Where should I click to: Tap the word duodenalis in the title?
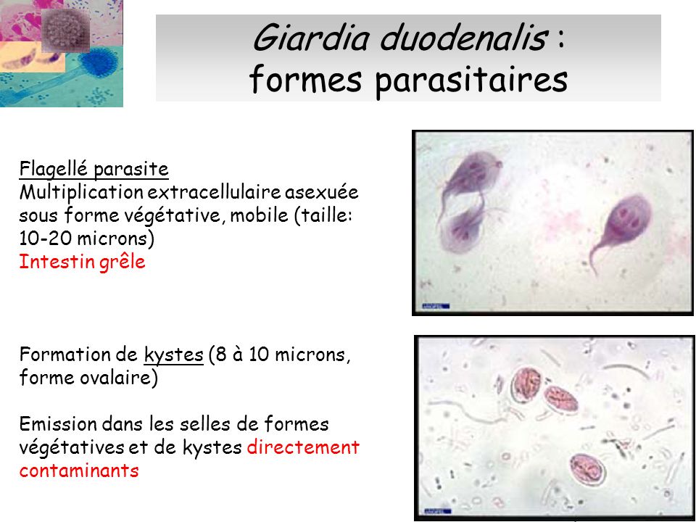pyautogui.click(x=463, y=37)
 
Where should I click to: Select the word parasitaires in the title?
pyautogui.click(x=471, y=80)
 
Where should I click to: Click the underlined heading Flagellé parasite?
pyautogui.click(x=94, y=169)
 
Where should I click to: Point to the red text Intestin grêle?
pyautogui.click(x=82, y=261)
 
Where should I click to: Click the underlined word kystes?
pyautogui.click(x=173, y=355)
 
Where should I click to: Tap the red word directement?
pyautogui.click(x=303, y=447)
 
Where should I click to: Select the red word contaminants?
pyautogui.click(x=79, y=471)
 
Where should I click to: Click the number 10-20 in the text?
pyautogui.click(x=45, y=239)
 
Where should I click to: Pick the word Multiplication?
pyautogui.click(x=81, y=193)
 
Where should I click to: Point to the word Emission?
pyautogui.click(x=58, y=424)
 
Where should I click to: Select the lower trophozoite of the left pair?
pyautogui.click(x=463, y=228)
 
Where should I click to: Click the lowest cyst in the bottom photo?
pyautogui.click(x=588, y=470)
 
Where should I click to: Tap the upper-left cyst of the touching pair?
pyautogui.click(x=526, y=384)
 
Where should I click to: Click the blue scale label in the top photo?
pyautogui.click(x=435, y=306)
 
